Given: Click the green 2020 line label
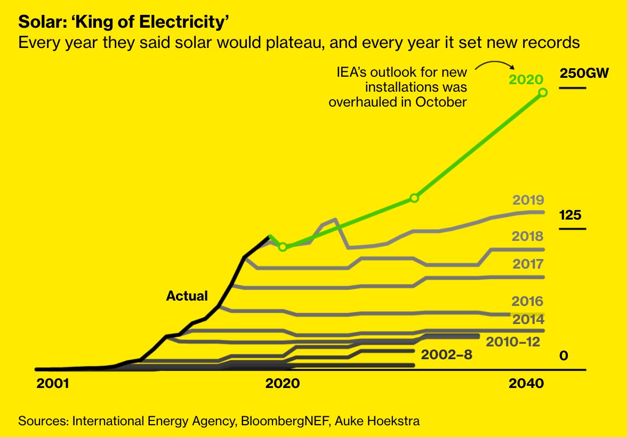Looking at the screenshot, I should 526,79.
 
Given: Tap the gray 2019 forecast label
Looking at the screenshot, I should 528,200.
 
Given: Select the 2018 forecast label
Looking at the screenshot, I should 528,236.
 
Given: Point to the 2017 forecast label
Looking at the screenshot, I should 528,264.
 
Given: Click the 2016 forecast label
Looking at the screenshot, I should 528,302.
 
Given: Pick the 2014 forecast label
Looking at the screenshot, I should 528,320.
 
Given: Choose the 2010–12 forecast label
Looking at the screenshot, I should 513,342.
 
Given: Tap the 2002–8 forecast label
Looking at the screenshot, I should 446,354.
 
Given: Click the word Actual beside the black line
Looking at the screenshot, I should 187,296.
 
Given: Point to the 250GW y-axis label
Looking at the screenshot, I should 584,74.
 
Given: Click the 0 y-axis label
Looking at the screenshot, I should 564,355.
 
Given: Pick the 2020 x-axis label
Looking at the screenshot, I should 283,384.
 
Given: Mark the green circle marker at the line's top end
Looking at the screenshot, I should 543,93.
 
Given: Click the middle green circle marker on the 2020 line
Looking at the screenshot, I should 414,198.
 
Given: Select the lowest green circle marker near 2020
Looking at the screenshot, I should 283,247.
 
